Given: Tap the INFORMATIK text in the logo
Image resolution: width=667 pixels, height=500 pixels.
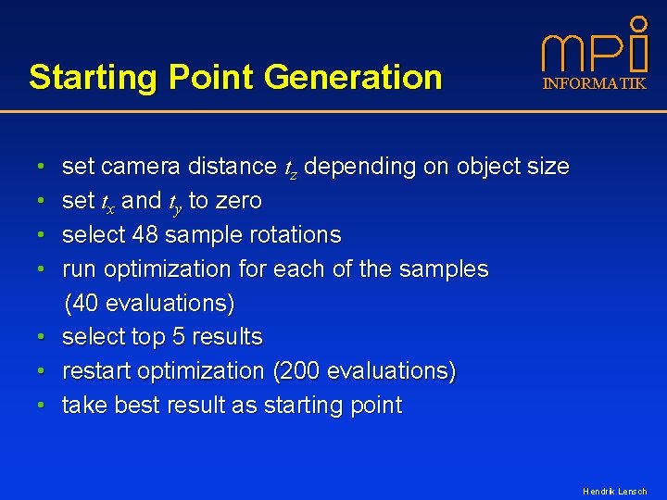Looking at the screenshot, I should (x=594, y=84).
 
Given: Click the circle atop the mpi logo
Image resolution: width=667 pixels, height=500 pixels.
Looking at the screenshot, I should (x=638, y=22).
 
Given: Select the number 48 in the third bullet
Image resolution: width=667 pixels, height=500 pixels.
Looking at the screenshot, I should (x=145, y=235).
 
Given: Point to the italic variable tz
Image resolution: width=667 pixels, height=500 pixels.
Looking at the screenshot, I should (x=290, y=169).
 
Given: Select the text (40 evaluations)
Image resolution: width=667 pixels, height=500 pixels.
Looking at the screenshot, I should (x=149, y=303).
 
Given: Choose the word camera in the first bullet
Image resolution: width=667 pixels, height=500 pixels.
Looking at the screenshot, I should (x=140, y=168).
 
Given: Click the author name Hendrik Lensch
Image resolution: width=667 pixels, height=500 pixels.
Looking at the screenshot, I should (x=614, y=491).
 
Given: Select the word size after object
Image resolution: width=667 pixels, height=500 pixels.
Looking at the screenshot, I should (x=547, y=168).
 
